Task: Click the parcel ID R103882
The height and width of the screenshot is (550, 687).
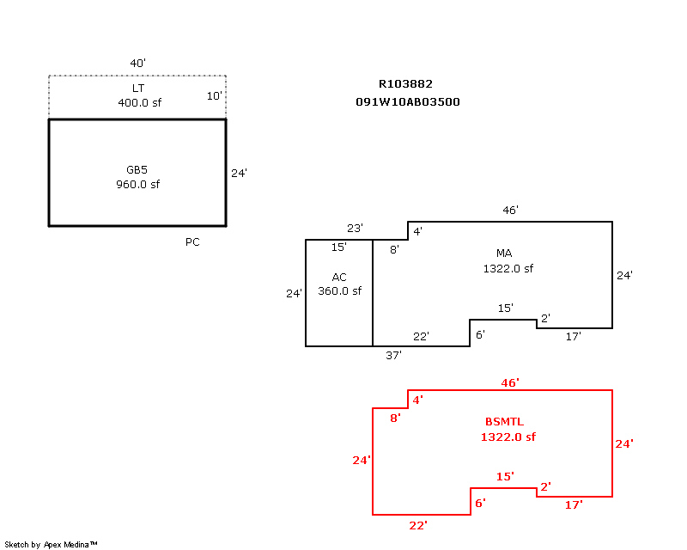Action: click(x=405, y=83)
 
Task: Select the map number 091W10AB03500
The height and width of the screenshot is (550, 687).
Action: click(x=407, y=101)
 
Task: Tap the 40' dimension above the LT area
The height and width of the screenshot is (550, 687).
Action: click(x=137, y=63)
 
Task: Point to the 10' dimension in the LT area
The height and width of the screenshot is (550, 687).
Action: click(x=214, y=95)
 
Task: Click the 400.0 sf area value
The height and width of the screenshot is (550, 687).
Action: click(x=139, y=102)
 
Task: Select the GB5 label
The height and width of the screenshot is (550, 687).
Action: click(x=137, y=170)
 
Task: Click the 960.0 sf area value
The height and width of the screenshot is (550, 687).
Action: click(x=137, y=184)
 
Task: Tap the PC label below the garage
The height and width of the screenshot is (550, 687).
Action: click(x=192, y=242)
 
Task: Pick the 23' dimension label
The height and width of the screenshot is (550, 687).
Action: click(x=355, y=228)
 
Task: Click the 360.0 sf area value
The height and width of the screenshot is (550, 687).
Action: click(x=339, y=290)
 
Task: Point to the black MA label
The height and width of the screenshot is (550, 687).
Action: click(x=504, y=253)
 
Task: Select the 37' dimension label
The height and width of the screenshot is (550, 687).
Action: click(x=393, y=355)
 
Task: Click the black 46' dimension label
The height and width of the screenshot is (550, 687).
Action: click(x=510, y=210)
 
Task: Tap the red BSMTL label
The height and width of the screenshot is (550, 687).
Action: click(x=504, y=421)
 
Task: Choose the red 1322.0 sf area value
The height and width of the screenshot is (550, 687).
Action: click(x=508, y=437)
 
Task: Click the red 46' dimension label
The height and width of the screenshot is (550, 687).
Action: click(x=510, y=383)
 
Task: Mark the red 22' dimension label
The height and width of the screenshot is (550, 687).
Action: click(x=418, y=525)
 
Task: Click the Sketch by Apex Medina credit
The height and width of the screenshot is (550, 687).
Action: click(x=51, y=544)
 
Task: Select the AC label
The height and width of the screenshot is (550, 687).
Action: click(x=339, y=278)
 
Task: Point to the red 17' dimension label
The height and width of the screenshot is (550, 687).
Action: click(x=573, y=504)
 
